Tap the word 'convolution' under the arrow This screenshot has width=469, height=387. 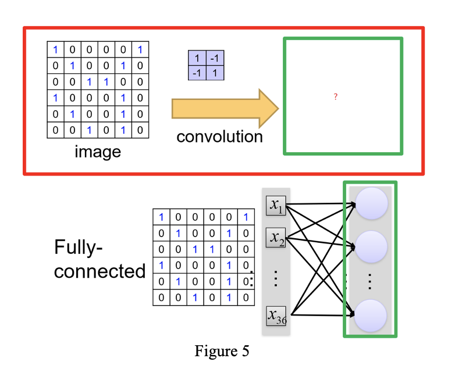pyautogui.click(x=219, y=137)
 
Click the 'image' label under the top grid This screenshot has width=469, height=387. pyautogui.click(x=98, y=152)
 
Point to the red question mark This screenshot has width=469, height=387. pyautogui.click(x=336, y=97)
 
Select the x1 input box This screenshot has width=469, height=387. pyautogui.click(x=276, y=205)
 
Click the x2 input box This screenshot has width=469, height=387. pyautogui.click(x=276, y=238)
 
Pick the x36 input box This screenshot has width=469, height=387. pyautogui.click(x=276, y=316)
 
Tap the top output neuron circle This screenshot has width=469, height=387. pyautogui.click(x=371, y=204)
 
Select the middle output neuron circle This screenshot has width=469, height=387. pyautogui.click(x=371, y=246)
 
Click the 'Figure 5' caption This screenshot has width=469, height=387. pyautogui.click(x=222, y=352)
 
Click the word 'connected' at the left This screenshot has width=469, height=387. pyautogui.click(x=100, y=271)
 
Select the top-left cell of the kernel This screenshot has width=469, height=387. pyautogui.click(x=197, y=59)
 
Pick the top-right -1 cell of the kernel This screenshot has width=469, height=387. pyautogui.click(x=215, y=59)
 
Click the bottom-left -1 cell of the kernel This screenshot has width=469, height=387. pyautogui.click(x=197, y=73)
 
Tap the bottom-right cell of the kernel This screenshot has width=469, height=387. pyautogui.click(x=215, y=73)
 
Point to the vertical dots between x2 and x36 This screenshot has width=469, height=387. pyautogui.click(x=276, y=278)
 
